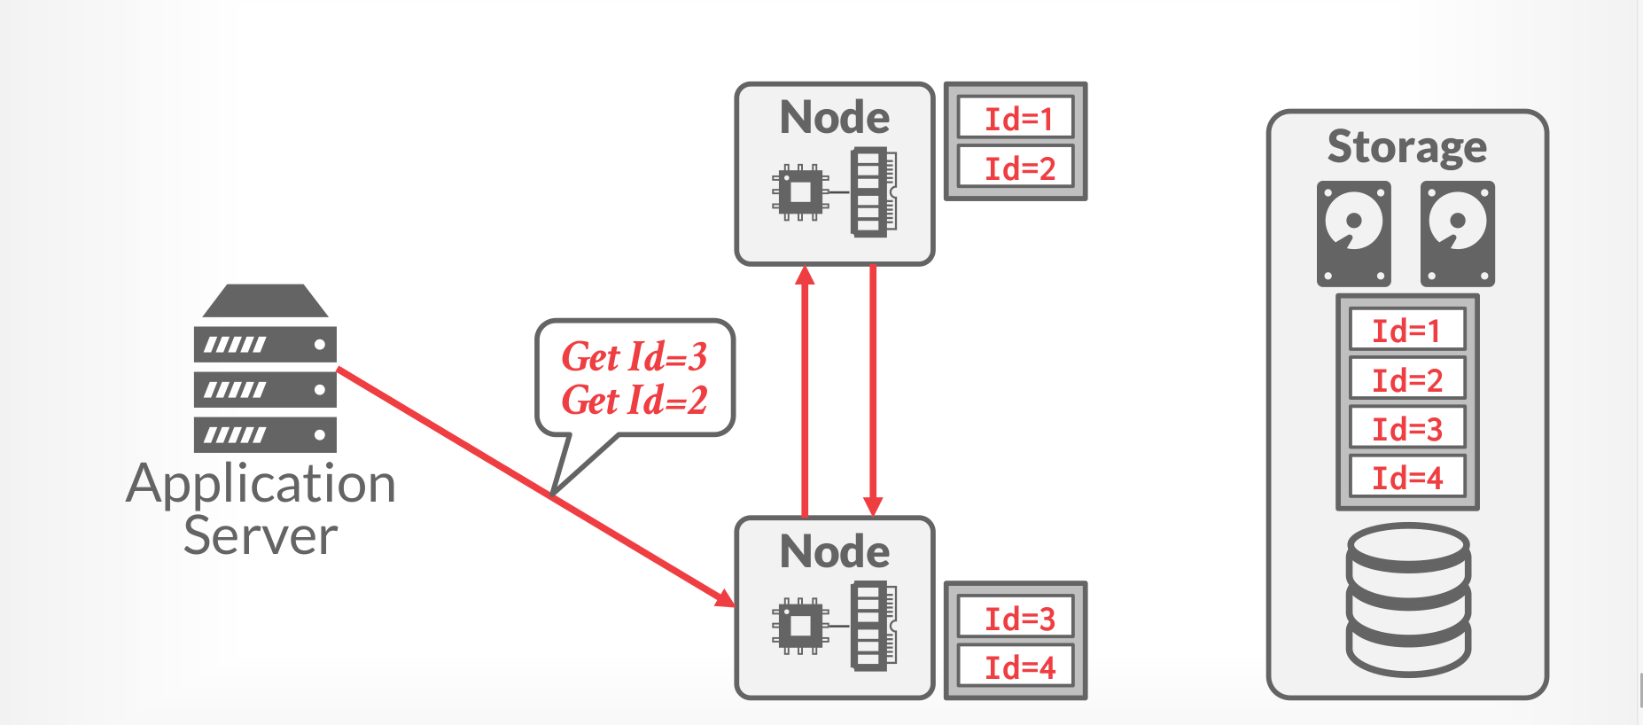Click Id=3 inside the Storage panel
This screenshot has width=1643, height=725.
1407,428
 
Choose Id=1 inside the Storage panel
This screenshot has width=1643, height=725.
1407,330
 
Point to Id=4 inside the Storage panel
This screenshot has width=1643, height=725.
1407,477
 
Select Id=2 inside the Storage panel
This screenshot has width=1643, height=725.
1407,379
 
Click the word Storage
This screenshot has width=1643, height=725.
1406,146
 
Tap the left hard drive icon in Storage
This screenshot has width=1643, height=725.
1353,233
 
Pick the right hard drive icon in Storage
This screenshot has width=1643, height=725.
1457,233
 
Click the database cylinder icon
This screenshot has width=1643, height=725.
1408,599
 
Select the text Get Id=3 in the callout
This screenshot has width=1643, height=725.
635,356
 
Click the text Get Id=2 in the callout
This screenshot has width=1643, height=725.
635,400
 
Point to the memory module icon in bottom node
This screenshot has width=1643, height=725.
872,626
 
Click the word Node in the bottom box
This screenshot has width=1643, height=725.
835,551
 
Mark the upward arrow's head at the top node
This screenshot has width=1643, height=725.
805,275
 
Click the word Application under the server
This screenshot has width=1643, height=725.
261,484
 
